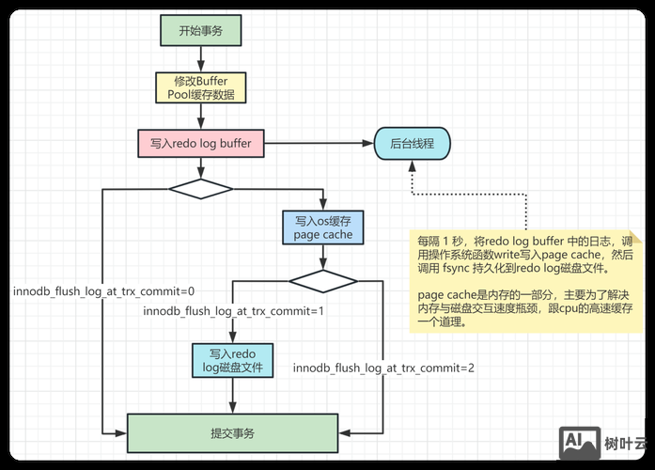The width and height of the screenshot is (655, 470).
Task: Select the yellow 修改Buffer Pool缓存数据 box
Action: point(201,87)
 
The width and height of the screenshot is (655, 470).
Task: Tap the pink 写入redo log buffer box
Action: point(201,145)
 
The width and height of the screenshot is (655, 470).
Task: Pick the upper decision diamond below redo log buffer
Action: point(200,188)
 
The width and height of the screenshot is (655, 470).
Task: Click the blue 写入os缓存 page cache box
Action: point(323,227)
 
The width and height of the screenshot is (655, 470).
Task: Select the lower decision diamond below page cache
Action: point(323,280)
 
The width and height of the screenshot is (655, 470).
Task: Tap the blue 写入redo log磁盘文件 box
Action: point(231,359)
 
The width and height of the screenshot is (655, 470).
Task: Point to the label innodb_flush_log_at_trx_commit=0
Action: point(103,290)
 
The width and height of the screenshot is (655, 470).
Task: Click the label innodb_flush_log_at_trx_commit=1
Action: point(233,310)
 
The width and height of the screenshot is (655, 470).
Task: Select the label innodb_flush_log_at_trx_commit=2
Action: point(383,368)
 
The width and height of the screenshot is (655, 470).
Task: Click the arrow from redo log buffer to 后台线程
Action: point(320,145)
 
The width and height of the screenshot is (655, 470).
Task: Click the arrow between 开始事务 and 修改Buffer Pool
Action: point(201,57)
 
